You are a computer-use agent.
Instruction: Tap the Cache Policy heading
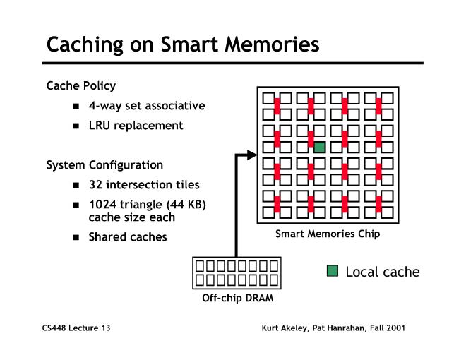click(x=80, y=86)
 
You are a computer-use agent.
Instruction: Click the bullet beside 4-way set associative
click(x=76, y=107)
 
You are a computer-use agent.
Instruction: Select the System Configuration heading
click(x=104, y=165)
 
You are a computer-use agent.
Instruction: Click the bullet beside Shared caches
click(x=76, y=237)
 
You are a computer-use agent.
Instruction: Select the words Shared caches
click(x=128, y=237)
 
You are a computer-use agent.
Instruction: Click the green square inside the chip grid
click(x=319, y=147)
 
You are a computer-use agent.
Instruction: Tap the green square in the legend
click(x=333, y=271)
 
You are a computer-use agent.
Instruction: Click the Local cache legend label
click(x=382, y=272)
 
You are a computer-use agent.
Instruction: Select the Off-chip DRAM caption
click(x=235, y=298)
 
